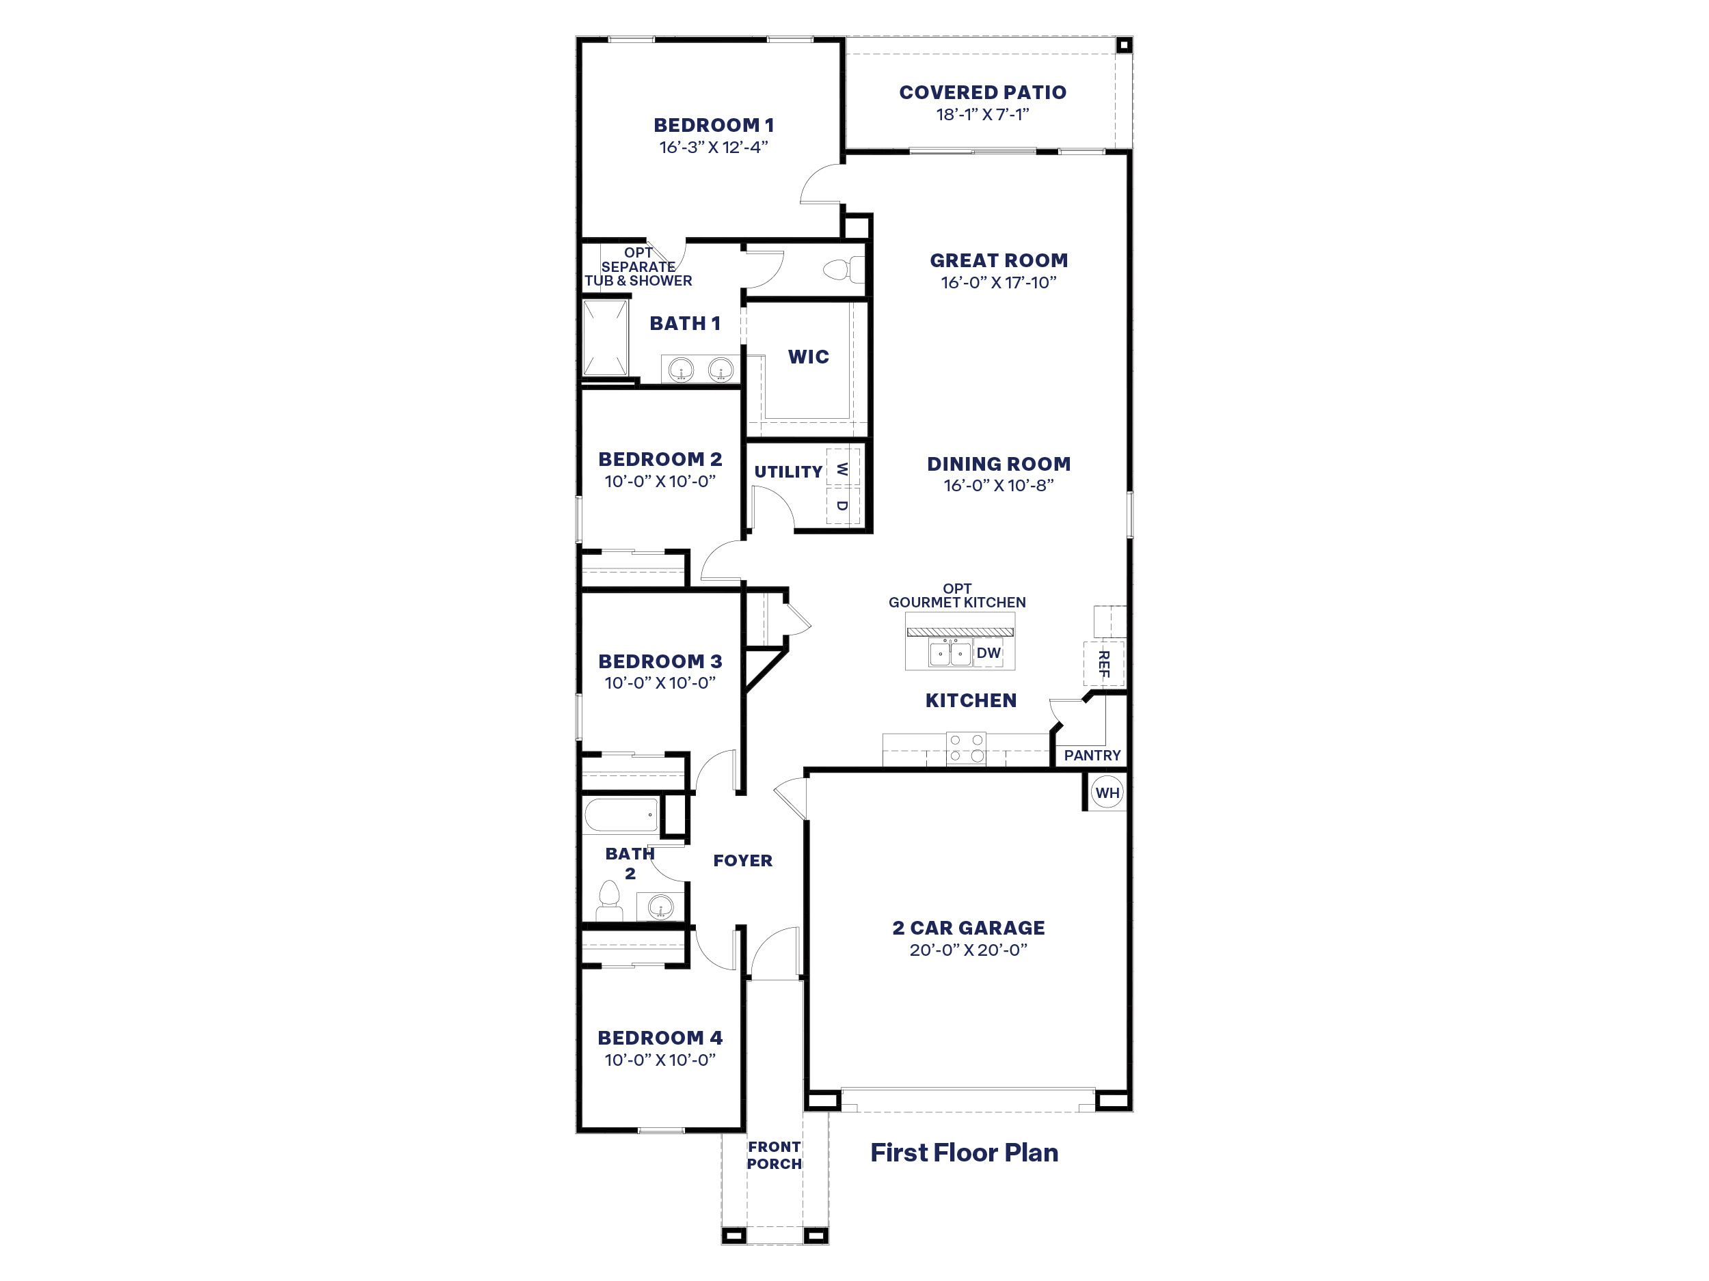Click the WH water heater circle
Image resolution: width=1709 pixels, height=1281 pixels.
point(1107,793)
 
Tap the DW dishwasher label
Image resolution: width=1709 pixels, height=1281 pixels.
point(988,653)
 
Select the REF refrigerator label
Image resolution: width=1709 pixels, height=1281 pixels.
point(1104,664)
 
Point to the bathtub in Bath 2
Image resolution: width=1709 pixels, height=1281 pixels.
point(621,815)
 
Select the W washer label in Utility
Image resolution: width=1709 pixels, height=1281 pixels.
point(842,469)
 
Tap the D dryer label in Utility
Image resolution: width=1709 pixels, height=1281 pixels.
point(842,506)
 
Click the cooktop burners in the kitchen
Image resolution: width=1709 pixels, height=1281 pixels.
point(967,748)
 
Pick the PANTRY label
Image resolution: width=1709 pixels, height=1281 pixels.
point(1092,756)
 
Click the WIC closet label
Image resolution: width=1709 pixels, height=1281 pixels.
point(808,357)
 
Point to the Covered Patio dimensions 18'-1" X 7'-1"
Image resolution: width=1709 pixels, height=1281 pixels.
point(982,115)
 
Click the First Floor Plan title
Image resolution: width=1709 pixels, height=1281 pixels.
point(964,1153)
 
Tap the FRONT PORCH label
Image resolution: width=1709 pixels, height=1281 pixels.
point(774,1155)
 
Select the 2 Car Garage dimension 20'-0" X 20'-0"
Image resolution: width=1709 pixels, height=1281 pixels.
point(968,950)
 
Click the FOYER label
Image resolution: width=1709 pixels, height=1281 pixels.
point(742,861)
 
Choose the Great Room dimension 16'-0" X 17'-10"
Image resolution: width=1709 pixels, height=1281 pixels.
point(998,283)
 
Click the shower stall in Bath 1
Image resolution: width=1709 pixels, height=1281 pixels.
point(605,338)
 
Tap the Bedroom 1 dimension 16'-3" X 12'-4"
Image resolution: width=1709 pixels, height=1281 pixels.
point(713,148)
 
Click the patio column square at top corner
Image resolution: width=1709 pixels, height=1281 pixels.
point(1124,46)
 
